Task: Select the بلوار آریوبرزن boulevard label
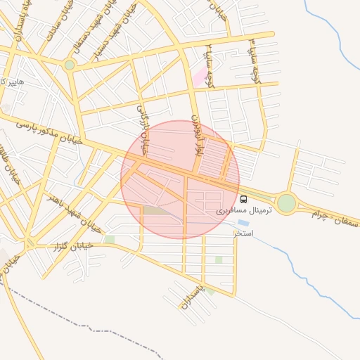pos(198,136)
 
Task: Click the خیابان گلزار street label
pos(74,247)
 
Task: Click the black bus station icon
pos(243,199)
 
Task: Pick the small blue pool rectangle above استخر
pos(243,223)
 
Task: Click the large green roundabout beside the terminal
pos(286,203)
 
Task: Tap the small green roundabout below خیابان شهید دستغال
pos(69,65)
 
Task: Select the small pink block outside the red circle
pos(200,76)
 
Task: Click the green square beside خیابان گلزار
pos(109,240)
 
